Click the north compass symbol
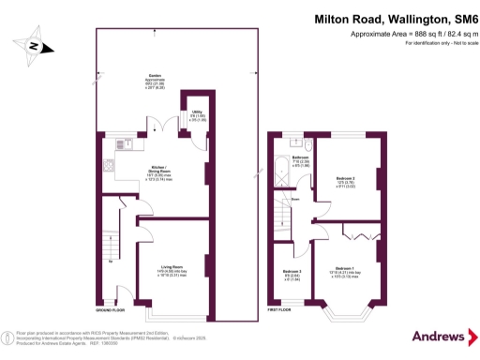33,45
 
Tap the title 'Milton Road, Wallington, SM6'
393,18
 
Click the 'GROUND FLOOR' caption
112,308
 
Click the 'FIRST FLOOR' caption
280,308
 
